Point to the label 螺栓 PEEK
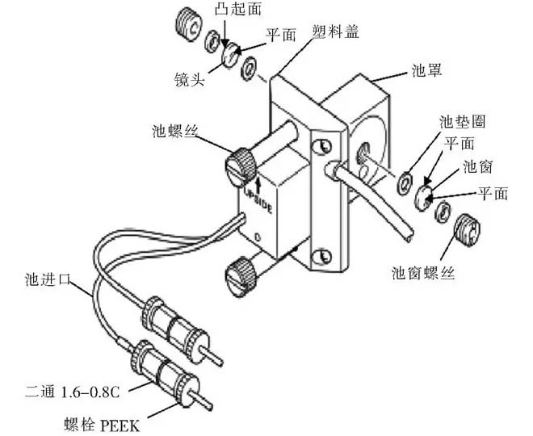[x=100, y=422]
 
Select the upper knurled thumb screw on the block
[x=241, y=166]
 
